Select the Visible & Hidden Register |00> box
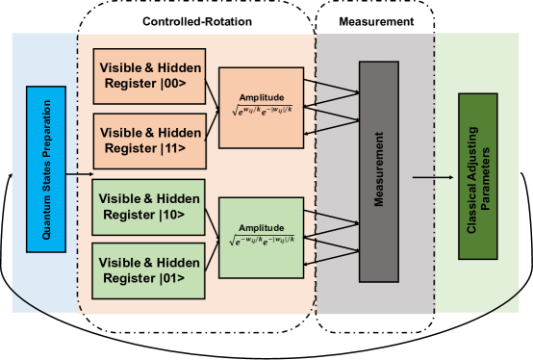tap(149, 76)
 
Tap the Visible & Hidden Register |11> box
tap(149, 141)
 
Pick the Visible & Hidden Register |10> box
tap(149, 206)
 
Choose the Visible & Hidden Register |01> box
tap(149, 270)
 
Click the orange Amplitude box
tap(261, 108)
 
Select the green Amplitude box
tap(261, 238)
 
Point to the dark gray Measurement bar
tap(379, 171)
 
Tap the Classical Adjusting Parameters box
tap(478, 176)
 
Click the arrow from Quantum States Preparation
tap(78, 174)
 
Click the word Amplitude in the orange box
tap(261, 97)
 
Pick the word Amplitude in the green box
tap(261, 226)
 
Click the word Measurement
tap(379, 171)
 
